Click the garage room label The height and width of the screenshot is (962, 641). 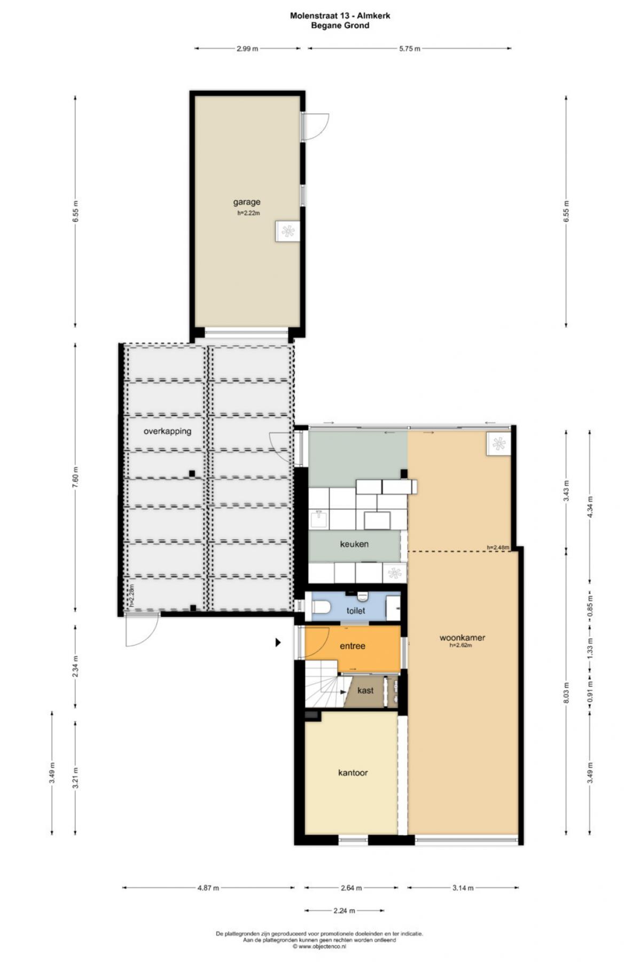[x=247, y=202]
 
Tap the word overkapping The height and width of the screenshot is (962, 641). [x=167, y=431]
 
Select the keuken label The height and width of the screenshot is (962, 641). [x=354, y=544]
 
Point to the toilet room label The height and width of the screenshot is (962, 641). [x=356, y=610]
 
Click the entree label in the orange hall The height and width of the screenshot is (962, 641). [x=353, y=646]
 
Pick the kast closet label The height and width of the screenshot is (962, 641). [x=365, y=691]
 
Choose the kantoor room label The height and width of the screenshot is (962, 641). [x=353, y=773]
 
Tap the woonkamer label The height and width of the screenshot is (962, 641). [x=462, y=638]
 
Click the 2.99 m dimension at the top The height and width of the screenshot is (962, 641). [x=247, y=49]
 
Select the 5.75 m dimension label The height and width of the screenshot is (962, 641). [x=410, y=49]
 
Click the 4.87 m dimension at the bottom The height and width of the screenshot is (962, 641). [x=208, y=888]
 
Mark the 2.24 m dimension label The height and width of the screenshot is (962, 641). [x=345, y=911]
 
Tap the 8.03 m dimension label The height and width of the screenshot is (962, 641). [x=567, y=693]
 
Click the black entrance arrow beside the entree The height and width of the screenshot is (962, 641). [x=278, y=642]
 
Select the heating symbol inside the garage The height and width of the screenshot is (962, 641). [x=288, y=231]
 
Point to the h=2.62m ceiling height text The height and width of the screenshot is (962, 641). [x=460, y=645]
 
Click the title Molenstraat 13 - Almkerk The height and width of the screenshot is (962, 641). [x=340, y=15]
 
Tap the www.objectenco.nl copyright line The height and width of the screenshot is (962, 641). [x=319, y=947]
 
